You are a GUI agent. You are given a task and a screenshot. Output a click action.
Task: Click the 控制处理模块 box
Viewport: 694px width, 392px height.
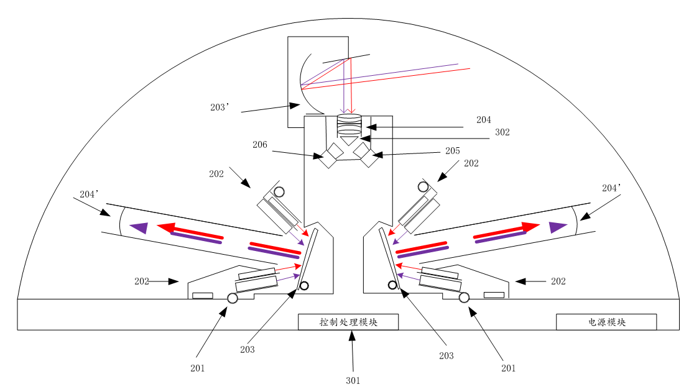[x=348, y=322]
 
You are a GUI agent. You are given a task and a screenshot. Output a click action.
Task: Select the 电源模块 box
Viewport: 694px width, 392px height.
[x=606, y=322]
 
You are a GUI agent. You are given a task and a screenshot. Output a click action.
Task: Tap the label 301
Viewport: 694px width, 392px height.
[x=353, y=381]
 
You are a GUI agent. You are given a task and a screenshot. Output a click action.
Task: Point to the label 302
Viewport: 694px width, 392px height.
[x=502, y=132]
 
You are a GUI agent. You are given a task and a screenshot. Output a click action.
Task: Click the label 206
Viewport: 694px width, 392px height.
[x=260, y=145]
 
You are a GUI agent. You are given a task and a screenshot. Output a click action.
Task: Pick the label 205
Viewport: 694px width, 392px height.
[x=452, y=151]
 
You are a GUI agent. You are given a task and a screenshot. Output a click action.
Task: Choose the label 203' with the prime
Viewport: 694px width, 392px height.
[x=220, y=107]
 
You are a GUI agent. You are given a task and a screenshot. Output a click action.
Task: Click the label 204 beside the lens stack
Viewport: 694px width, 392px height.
[x=483, y=120]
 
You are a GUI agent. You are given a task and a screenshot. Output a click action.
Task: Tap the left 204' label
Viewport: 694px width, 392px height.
[x=90, y=194]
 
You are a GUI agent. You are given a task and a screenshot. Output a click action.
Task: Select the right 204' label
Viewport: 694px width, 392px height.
[x=611, y=188]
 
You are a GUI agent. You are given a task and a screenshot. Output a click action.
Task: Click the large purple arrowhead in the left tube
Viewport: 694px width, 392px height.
[x=139, y=227]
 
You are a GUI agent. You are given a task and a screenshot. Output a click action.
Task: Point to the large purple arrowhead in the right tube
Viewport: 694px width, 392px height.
[x=558, y=227]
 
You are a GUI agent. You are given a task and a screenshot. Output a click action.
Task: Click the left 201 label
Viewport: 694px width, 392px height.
[x=197, y=368]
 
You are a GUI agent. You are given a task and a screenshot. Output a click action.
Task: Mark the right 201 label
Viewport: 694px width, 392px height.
[x=508, y=368]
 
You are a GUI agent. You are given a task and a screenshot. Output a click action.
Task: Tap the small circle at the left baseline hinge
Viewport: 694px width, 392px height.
[x=233, y=298]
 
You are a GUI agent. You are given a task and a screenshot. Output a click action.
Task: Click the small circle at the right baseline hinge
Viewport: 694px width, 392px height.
[x=464, y=298]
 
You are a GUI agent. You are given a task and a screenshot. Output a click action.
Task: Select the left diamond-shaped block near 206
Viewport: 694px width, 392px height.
[x=331, y=155]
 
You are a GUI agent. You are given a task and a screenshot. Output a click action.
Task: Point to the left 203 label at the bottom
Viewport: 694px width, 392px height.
[x=248, y=350]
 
